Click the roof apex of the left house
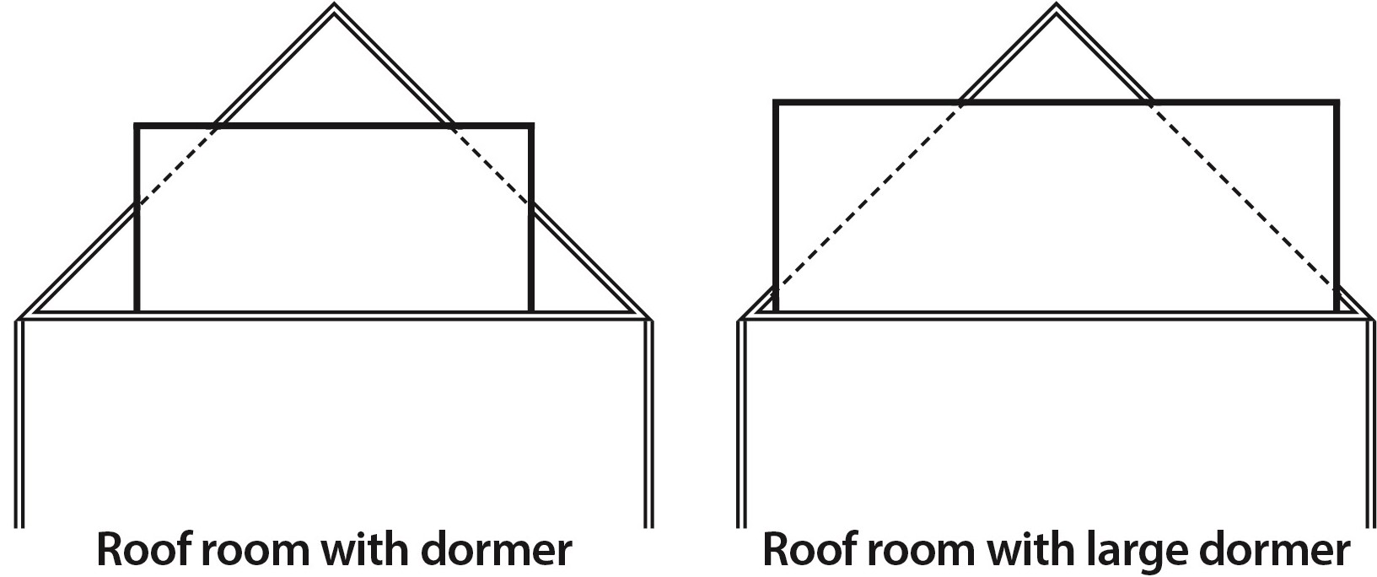334,8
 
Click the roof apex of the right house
1055,8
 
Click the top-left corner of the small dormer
137,127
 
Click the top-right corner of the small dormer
531,127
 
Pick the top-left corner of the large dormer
776,103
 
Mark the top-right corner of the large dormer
1337,103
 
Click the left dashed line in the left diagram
175,165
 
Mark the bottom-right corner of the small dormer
530,310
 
